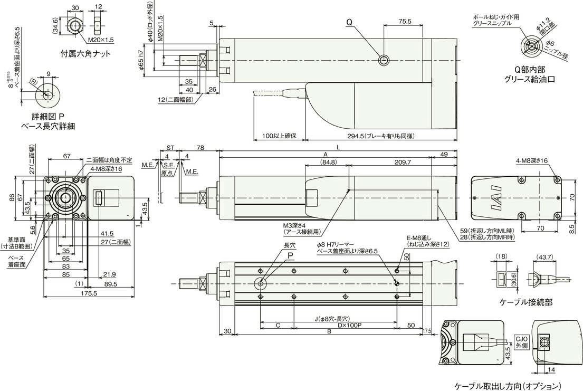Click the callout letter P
(290, 255)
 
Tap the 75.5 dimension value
(405, 21)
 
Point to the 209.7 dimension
(403, 162)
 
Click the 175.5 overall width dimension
(89, 293)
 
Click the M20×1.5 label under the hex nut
(101, 40)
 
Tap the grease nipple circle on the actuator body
(384, 60)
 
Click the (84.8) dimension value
(328, 162)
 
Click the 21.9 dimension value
(109, 274)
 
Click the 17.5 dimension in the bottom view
(427, 330)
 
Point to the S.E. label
(169, 165)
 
